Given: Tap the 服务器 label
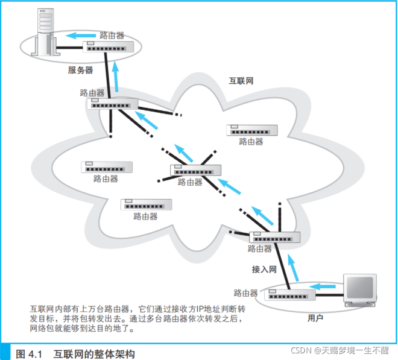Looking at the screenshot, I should tap(80, 70).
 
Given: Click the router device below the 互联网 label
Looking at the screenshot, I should tap(251, 131).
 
